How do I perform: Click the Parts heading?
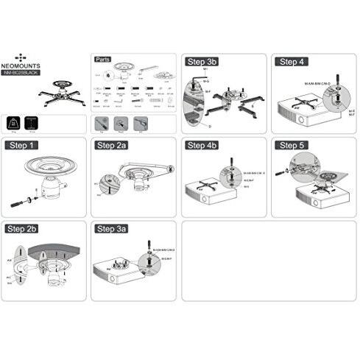pyautogui.click(x=105, y=60)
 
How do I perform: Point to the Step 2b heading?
pyautogui.click(x=24, y=229)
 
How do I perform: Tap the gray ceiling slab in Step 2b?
pyautogui.click(x=44, y=245)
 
